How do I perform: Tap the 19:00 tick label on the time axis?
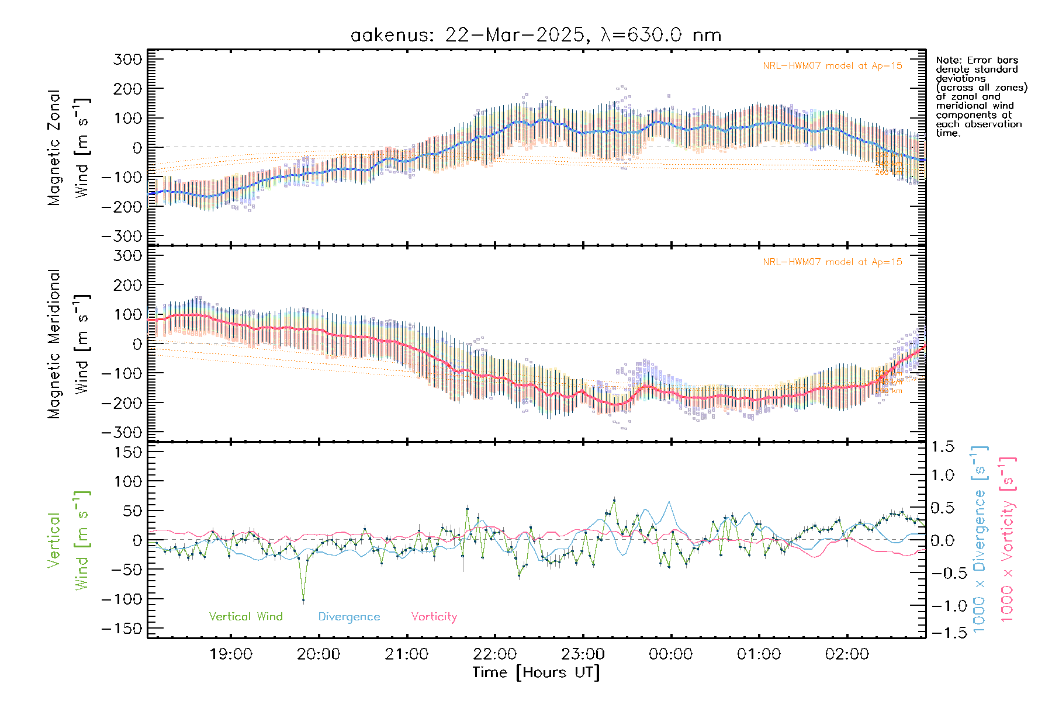tap(231, 654)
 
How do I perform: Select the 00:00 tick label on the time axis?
tap(670, 654)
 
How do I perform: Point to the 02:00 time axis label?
tap(847, 654)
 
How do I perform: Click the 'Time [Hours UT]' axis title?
tap(536, 672)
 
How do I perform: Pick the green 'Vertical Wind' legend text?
tap(245, 616)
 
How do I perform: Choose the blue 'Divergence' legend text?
tap(349, 616)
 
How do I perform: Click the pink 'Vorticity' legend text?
tap(434, 616)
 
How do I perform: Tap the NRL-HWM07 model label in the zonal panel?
tap(832, 65)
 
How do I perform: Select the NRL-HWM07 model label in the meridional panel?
tap(832, 262)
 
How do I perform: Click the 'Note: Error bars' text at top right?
tap(977, 60)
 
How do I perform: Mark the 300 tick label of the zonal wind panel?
tap(127, 59)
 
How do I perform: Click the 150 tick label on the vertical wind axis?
tap(127, 452)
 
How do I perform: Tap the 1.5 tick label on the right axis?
tap(942, 447)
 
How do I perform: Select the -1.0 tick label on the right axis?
tap(942, 606)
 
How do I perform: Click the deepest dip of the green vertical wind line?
tap(303, 600)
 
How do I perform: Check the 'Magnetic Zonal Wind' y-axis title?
tap(69, 147)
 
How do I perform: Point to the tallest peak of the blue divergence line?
tap(669, 502)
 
